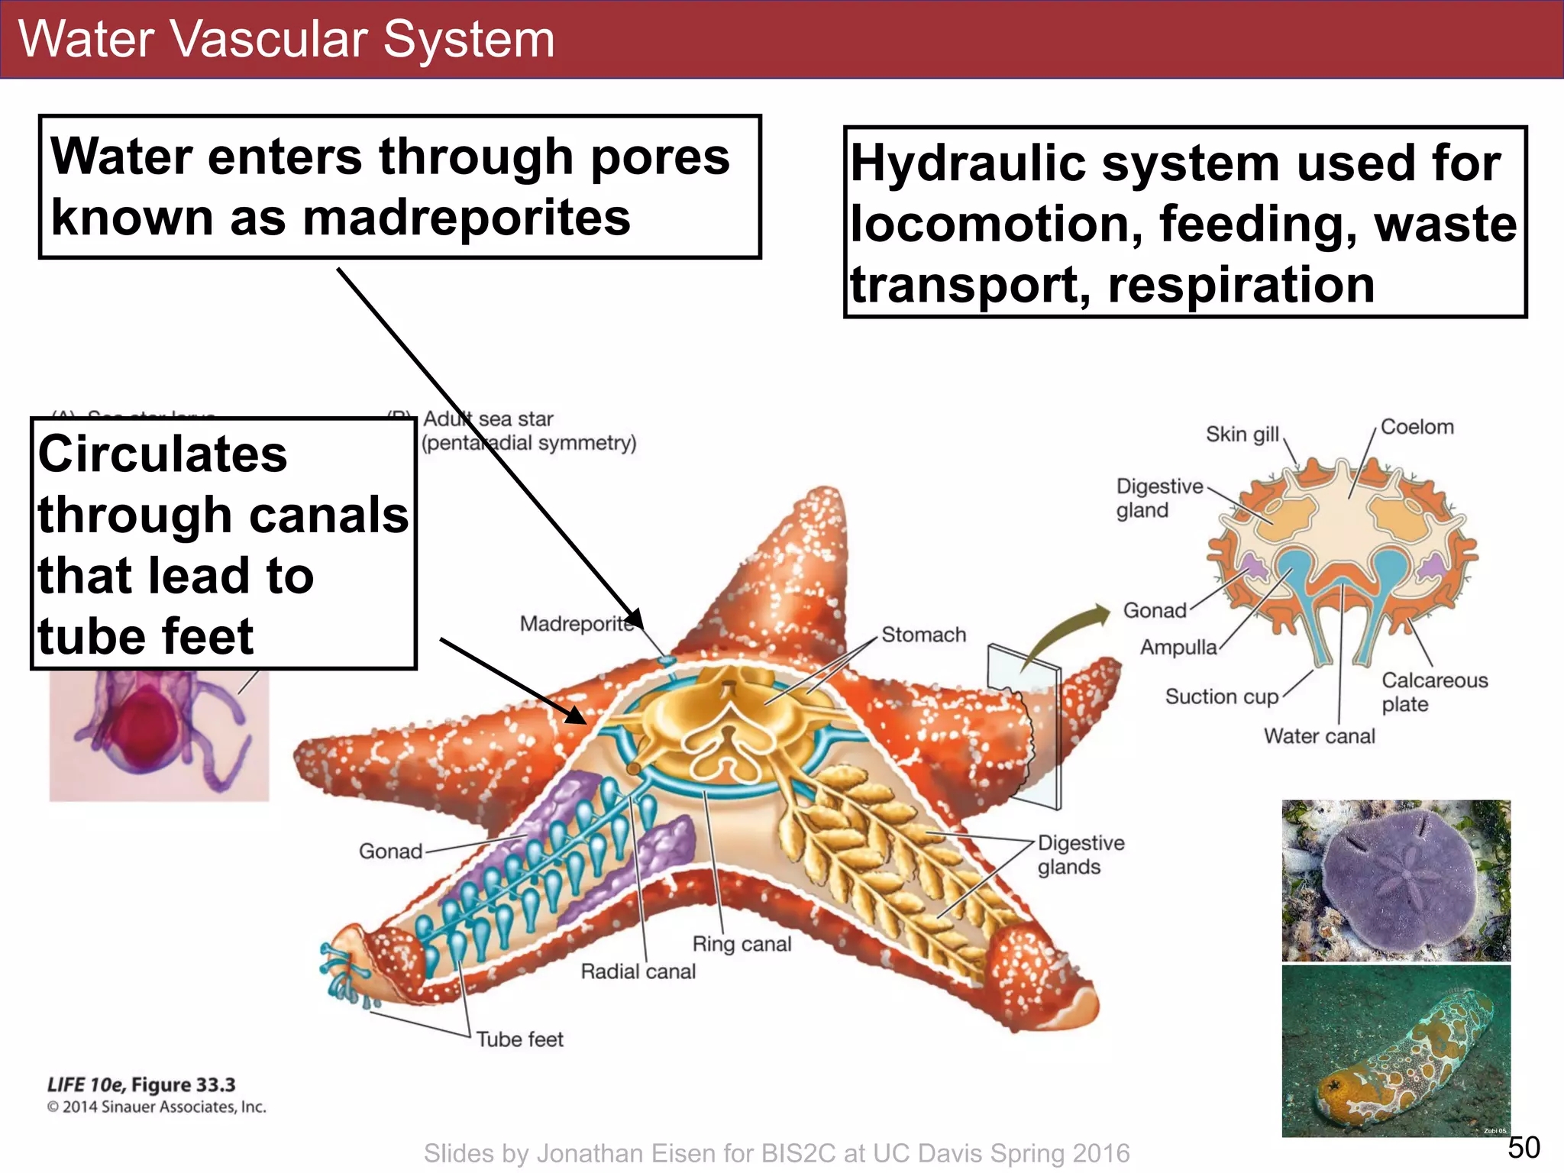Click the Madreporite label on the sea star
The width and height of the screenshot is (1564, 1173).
pyautogui.click(x=577, y=624)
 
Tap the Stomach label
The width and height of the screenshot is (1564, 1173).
pyautogui.click(x=923, y=635)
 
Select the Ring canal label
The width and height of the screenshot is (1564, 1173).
pyautogui.click(x=742, y=944)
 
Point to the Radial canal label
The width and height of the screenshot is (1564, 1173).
pyautogui.click(x=638, y=971)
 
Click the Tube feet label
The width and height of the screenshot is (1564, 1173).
pyautogui.click(x=519, y=1039)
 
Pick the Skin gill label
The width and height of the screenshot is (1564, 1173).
pyautogui.click(x=1242, y=434)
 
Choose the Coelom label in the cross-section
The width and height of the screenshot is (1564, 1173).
pyautogui.click(x=1417, y=427)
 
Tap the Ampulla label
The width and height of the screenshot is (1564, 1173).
pyautogui.click(x=1178, y=648)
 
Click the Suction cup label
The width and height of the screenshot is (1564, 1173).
pyautogui.click(x=1221, y=696)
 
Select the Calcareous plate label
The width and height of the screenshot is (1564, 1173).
pyautogui.click(x=1434, y=692)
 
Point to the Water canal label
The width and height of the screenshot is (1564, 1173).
pyautogui.click(x=1319, y=736)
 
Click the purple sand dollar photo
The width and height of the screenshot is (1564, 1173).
pyautogui.click(x=1395, y=880)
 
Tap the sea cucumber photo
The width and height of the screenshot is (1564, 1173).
pyautogui.click(x=1395, y=1051)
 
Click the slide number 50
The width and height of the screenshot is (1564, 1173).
pyautogui.click(x=1523, y=1148)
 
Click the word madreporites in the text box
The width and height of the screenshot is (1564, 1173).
pyautogui.click(x=467, y=218)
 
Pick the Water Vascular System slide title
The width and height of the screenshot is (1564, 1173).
pyautogui.click(x=286, y=39)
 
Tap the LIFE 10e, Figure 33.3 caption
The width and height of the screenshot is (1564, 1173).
pyautogui.click(x=141, y=1084)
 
